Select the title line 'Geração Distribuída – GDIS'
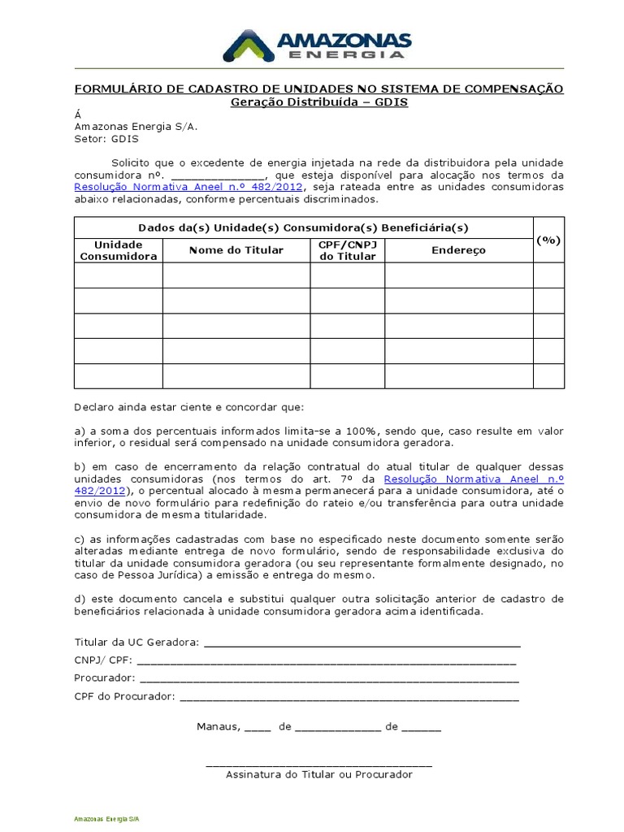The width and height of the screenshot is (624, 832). [318, 102]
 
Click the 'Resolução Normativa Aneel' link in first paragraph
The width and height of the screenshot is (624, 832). [188, 187]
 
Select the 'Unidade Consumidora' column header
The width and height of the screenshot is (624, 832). [118, 250]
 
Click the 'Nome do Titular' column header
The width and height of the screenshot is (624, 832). [236, 250]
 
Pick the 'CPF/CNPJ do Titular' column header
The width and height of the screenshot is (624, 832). [347, 250]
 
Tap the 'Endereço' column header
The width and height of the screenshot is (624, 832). [458, 250]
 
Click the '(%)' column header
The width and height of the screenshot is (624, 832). [548, 240]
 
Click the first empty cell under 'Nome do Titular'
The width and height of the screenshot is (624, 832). [236, 275]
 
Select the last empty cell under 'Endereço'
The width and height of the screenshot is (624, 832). [458, 376]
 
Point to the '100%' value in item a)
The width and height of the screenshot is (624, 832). [357, 431]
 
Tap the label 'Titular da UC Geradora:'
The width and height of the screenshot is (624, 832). [136, 642]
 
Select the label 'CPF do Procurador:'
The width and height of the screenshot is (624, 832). [124, 696]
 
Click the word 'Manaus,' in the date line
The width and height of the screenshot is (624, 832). [218, 726]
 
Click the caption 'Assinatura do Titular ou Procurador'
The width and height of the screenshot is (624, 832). [318, 774]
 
